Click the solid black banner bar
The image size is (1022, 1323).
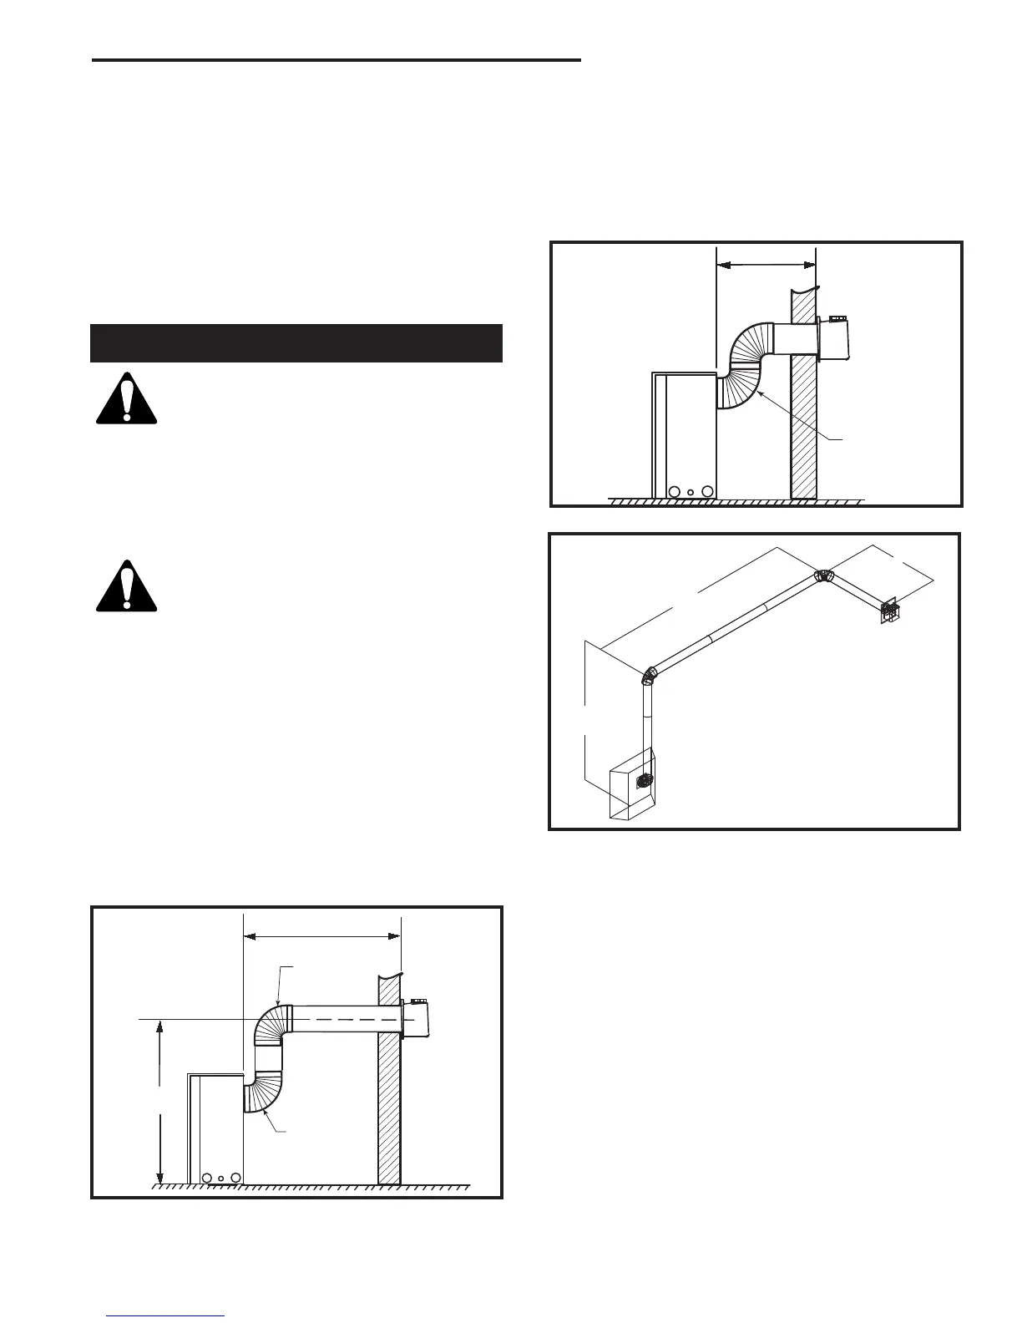(296, 342)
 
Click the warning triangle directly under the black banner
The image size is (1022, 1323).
(126, 399)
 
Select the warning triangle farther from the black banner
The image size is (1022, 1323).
(126, 586)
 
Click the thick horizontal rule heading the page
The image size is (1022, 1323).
(336, 60)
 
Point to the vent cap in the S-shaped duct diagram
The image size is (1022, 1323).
(837, 340)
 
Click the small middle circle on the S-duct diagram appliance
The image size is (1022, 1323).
(691, 491)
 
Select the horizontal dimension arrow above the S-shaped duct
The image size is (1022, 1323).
(766, 265)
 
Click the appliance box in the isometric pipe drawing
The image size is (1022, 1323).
(632, 791)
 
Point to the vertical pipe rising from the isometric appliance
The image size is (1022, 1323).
(645, 727)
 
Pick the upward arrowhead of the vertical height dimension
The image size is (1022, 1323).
(159, 1026)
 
